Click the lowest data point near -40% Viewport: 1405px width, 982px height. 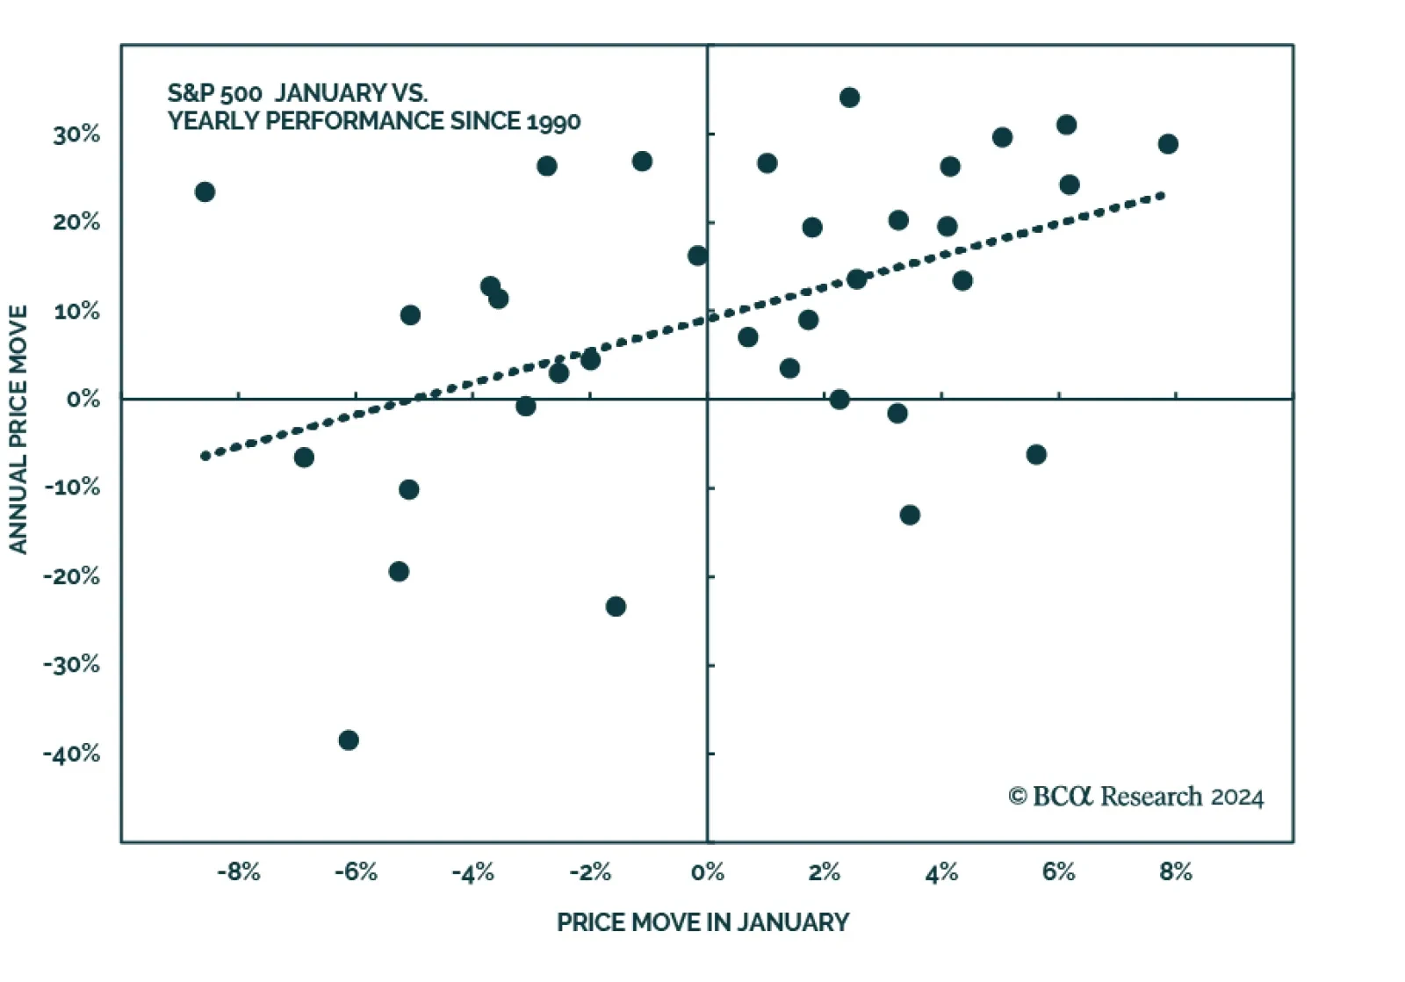[x=349, y=740]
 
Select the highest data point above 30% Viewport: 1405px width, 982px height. [x=849, y=97]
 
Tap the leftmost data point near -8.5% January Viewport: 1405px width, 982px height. [x=205, y=192]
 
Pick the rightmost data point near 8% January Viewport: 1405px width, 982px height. [x=1168, y=144]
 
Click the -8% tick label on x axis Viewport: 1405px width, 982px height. [x=239, y=872]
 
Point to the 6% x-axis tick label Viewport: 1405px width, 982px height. [x=1058, y=872]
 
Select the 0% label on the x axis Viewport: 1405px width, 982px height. [x=707, y=872]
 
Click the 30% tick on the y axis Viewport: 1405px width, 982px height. [x=76, y=134]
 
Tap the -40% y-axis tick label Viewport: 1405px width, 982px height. [x=71, y=754]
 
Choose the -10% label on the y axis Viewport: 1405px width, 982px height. [x=71, y=487]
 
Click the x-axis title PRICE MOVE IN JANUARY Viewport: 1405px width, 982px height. [x=702, y=922]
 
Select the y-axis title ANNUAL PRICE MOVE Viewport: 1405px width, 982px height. [x=18, y=429]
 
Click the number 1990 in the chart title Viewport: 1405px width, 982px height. [x=553, y=121]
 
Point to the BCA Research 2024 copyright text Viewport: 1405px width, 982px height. [x=1136, y=797]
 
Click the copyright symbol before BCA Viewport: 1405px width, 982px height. [x=1018, y=797]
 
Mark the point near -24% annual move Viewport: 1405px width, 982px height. [x=616, y=607]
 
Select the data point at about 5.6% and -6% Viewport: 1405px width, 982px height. [x=1036, y=455]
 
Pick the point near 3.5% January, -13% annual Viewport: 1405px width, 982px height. [x=910, y=515]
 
